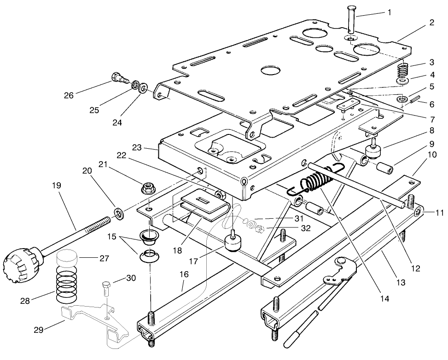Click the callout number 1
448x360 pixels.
[x=390, y=12]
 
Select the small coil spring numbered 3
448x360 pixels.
[x=403, y=70]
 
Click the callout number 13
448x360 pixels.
[x=401, y=282]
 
